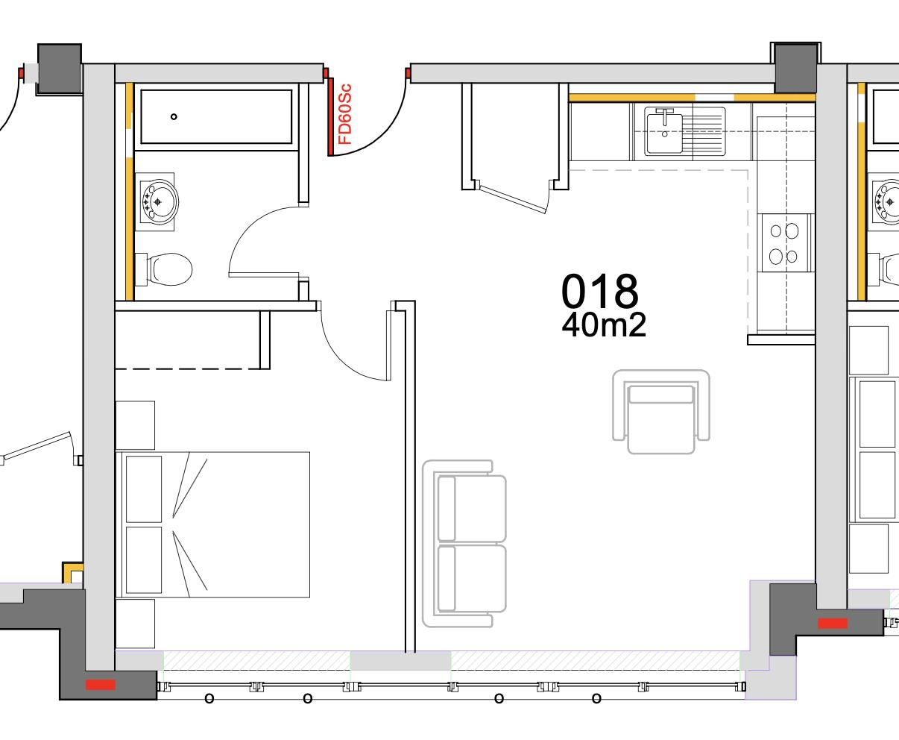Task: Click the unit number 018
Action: (x=599, y=292)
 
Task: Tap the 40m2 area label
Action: (x=603, y=325)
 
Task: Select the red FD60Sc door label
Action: (x=344, y=114)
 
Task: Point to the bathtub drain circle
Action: (x=174, y=116)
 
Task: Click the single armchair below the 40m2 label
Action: (x=660, y=410)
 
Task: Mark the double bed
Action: (x=213, y=524)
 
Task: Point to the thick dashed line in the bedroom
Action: (x=186, y=369)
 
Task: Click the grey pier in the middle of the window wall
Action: (x=400, y=660)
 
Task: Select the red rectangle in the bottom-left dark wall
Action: (x=100, y=684)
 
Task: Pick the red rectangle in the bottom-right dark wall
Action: (x=833, y=622)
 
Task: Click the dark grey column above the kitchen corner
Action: (x=795, y=68)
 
